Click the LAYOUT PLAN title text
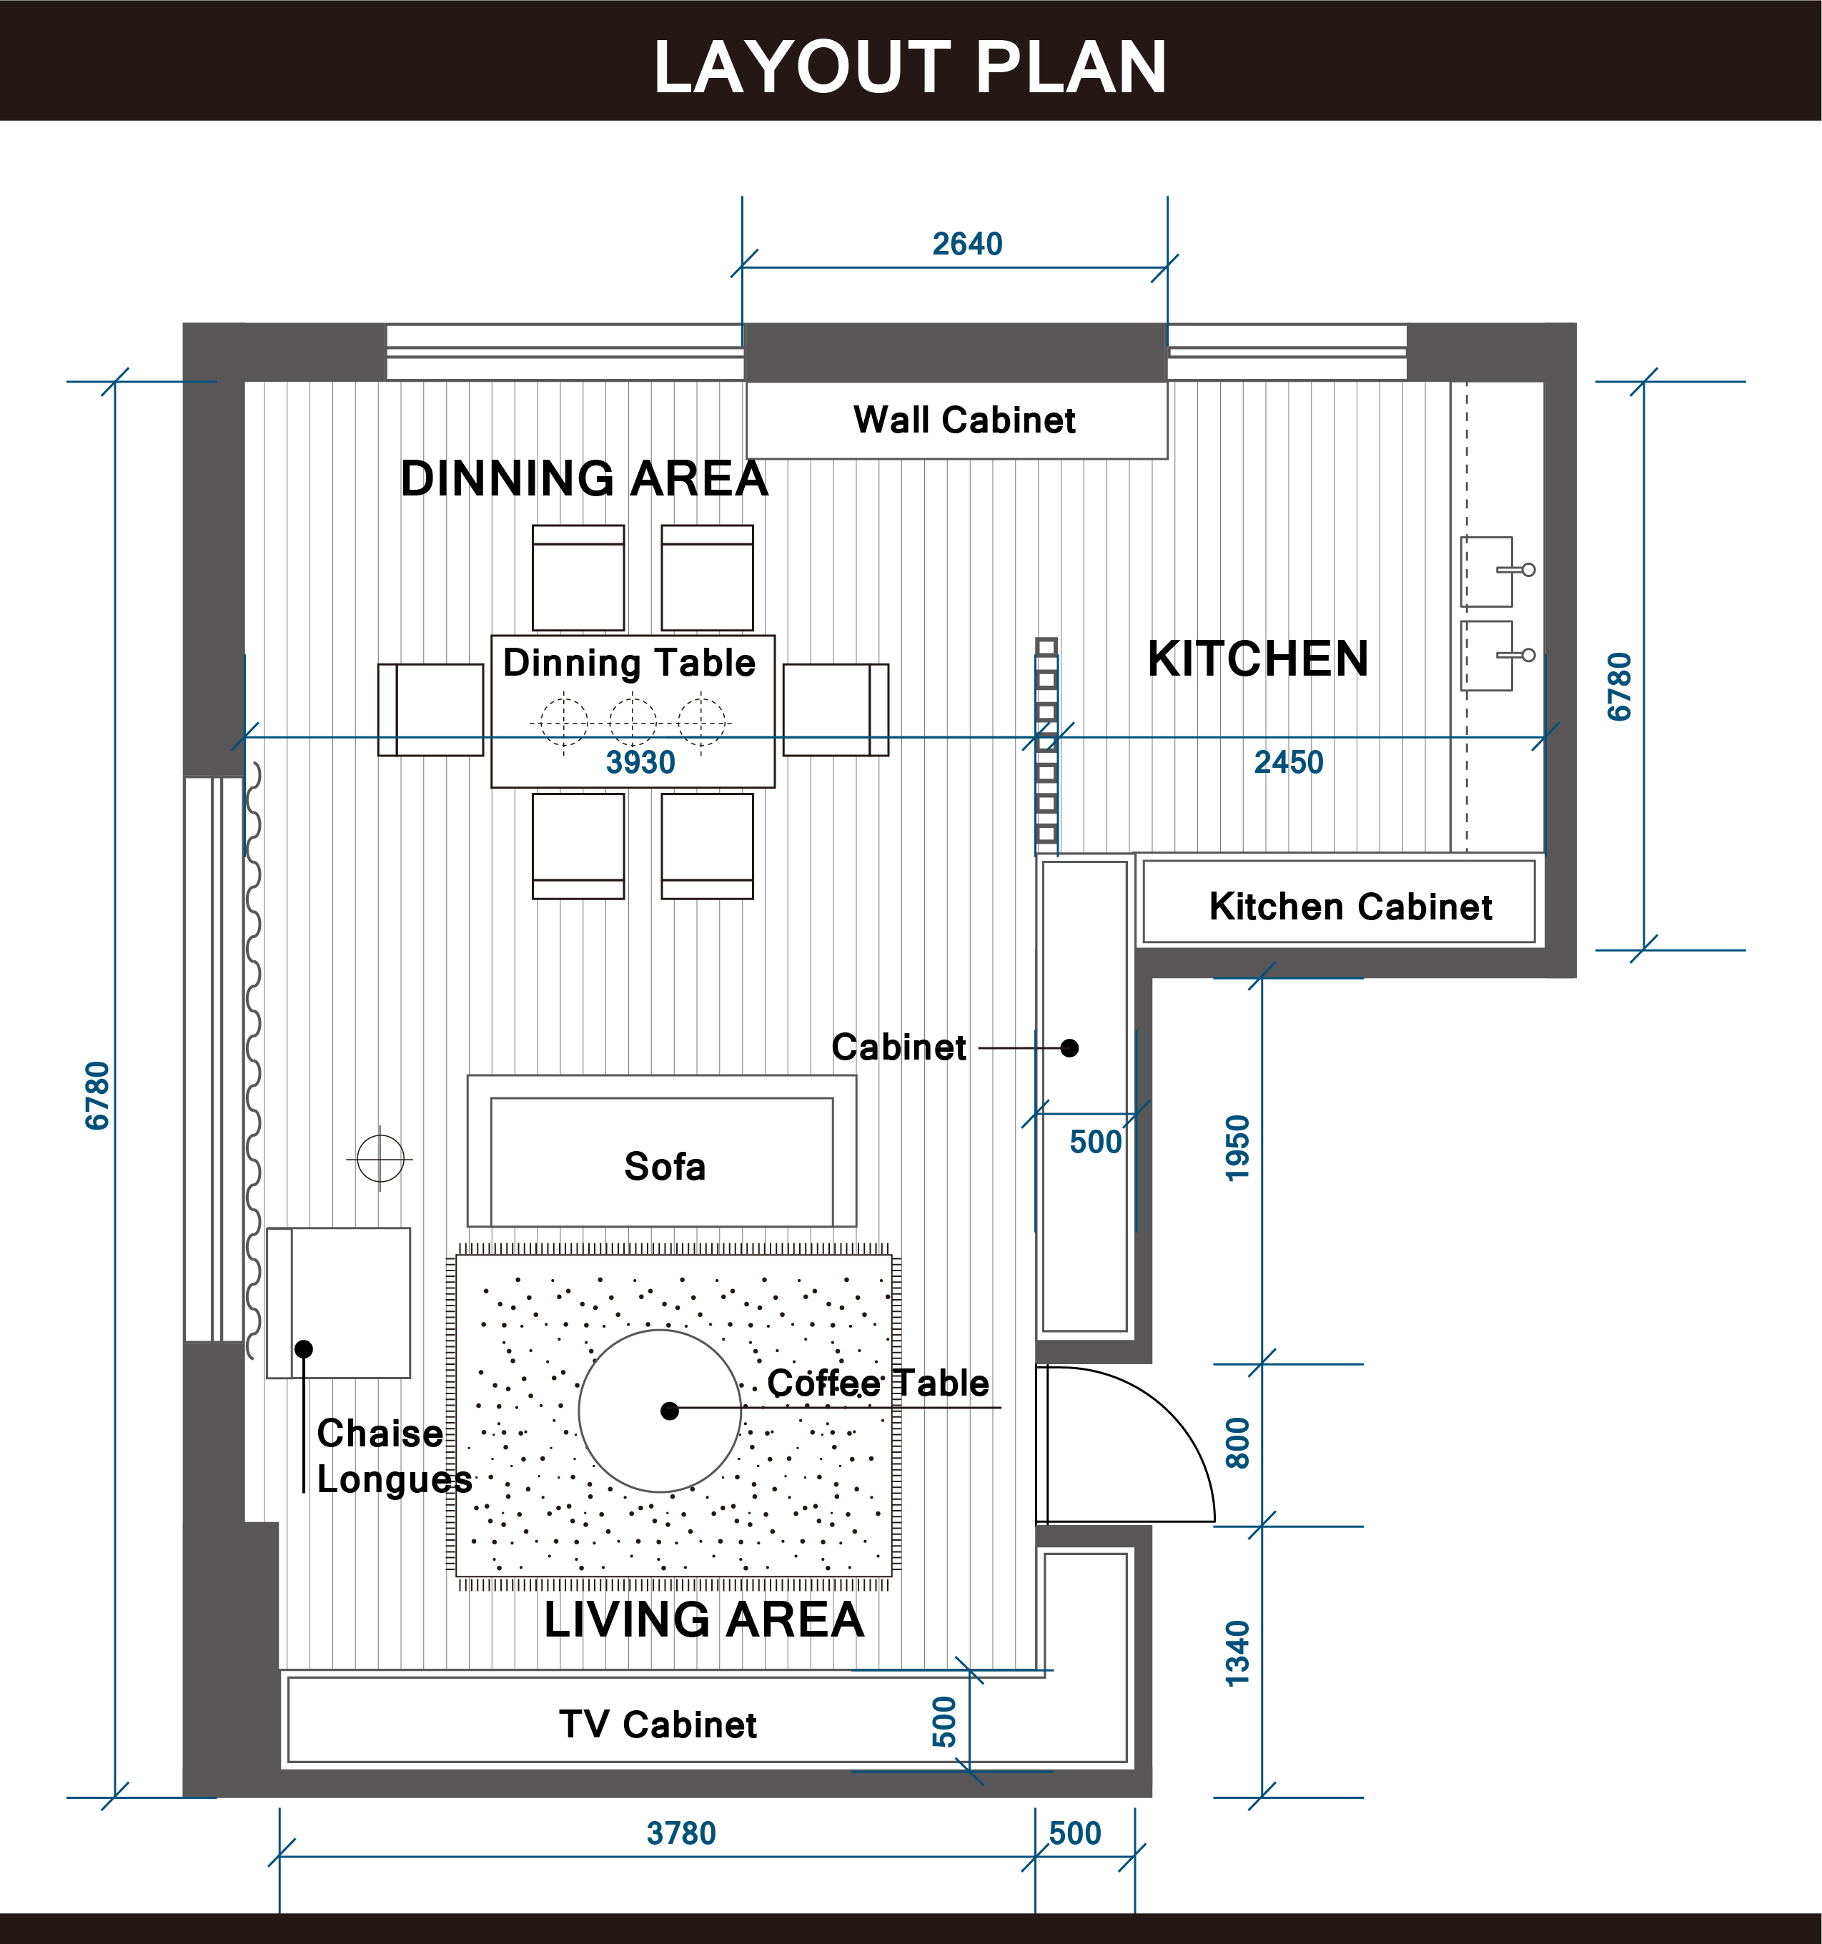coord(910,66)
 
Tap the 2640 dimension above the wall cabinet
coord(966,244)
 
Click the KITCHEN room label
coord(1257,658)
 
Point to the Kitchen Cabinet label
coord(1350,907)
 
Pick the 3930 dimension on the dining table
coord(640,761)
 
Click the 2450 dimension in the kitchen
coord(1288,761)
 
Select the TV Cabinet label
coord(658,1724)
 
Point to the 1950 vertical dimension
coord(1237,1148)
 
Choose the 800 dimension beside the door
coord(1237,1444)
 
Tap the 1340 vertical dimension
coord(1237,1654)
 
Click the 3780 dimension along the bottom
coord(681,1832)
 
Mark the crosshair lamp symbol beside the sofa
coord(380,1159)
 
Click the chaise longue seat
coord(338,1303)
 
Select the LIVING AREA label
coord(704,1619)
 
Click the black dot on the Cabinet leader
coord(1069,1048)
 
